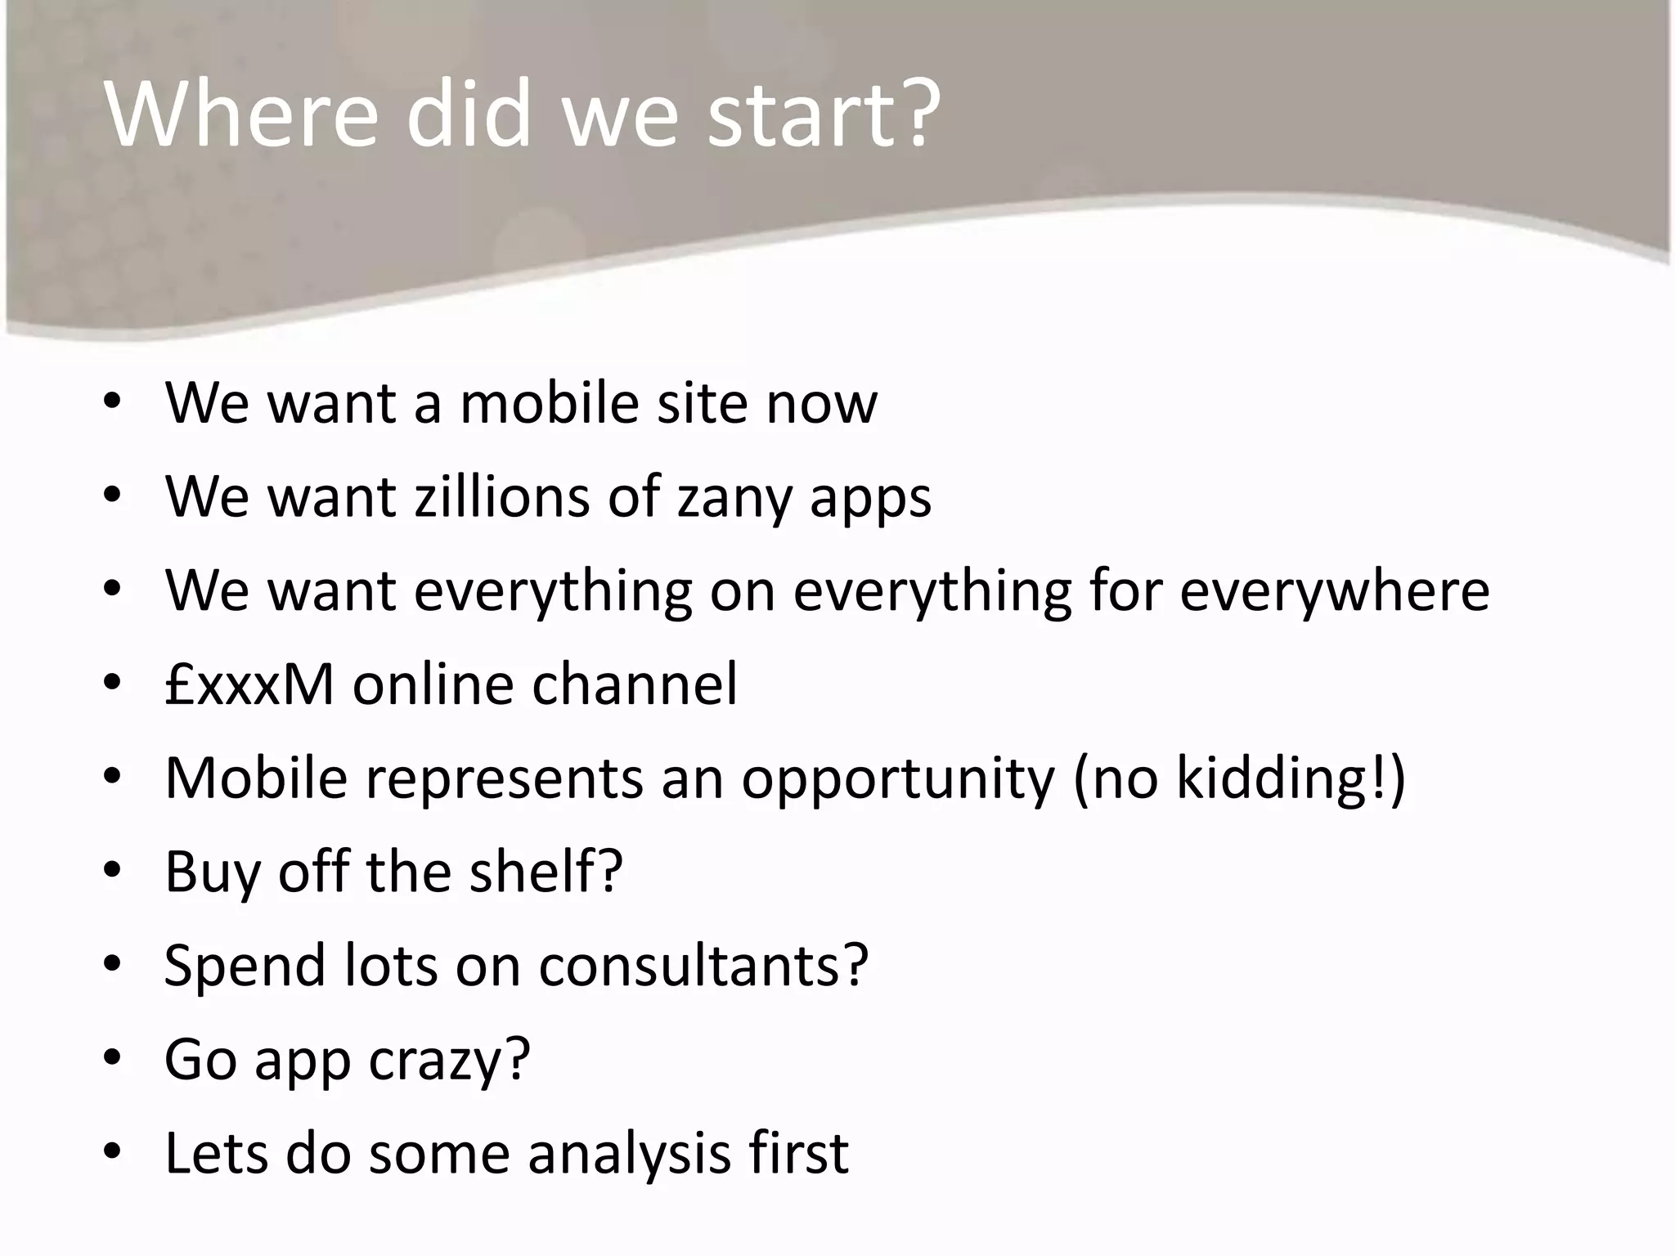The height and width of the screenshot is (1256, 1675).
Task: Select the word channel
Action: point(635,684)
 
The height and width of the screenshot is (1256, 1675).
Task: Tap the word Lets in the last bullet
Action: point(217,1152)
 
